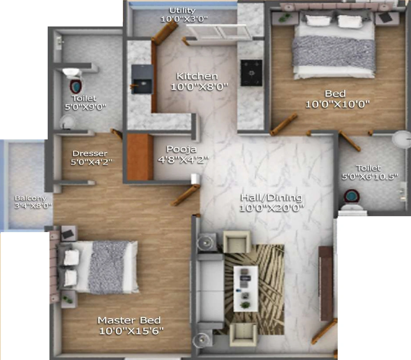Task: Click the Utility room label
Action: point(182,10)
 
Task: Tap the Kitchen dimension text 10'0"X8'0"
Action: point(199,87)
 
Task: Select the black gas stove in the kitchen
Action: point(251,73)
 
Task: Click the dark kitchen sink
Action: point(142,79)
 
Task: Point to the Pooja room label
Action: point(181,149)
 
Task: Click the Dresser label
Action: point(90,154)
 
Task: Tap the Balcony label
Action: point(31,198)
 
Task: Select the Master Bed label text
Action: point(129,320)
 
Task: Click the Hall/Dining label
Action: point(272,197)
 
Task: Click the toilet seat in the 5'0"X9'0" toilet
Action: point(75,86)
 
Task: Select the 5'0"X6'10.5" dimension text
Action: point(370,177)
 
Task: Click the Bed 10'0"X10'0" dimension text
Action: point(337,104)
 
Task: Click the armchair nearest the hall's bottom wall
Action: point(243,334)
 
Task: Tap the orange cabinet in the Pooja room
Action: point(140,157)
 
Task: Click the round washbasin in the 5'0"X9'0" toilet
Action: point(67,122)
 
